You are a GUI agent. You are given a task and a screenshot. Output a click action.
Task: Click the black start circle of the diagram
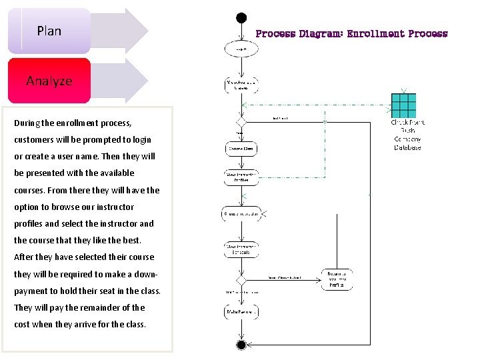241,18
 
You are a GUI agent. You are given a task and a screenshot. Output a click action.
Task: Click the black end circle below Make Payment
241,345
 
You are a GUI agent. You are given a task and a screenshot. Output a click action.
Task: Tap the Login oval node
241,49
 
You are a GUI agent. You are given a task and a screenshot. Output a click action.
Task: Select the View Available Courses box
241,85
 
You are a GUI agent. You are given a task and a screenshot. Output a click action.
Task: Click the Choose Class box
241,149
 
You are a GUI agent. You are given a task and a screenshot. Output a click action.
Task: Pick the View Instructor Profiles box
241,177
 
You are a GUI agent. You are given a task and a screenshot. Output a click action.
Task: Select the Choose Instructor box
241,214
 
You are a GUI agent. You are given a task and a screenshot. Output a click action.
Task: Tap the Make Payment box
241,311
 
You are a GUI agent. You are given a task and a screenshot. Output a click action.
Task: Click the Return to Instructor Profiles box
337,280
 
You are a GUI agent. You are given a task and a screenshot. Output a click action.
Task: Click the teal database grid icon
403,105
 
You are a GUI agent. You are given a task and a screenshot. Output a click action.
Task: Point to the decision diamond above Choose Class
241,122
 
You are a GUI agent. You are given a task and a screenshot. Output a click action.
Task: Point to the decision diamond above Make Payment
241,280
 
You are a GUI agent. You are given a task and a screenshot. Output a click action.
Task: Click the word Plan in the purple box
49,31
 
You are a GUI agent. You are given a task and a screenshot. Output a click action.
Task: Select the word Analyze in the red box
49,81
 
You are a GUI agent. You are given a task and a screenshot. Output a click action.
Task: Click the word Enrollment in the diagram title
376,33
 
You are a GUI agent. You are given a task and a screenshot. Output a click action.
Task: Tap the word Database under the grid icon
407,147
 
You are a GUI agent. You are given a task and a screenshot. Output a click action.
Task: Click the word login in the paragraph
138,140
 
